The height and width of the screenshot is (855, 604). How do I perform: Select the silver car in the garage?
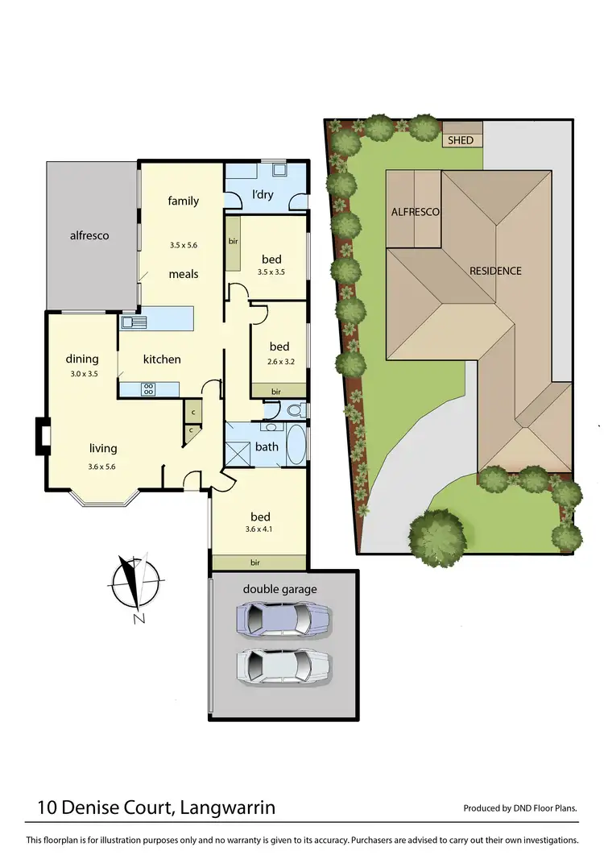coord(283,666)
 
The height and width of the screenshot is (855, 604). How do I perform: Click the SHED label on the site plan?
coord(461,140)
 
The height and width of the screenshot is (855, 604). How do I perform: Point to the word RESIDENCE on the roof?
coord(495,272)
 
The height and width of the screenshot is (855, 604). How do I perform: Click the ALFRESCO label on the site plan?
coord(415,212)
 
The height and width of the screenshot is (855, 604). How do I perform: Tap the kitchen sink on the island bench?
coord(133,322)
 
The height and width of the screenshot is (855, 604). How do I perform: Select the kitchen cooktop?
coord(149,389)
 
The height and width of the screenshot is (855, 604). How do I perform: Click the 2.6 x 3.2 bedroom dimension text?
coord(280,362)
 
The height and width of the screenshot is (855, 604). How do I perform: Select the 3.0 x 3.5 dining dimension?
coord(82,374)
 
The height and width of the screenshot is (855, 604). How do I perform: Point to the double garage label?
coord(280,589)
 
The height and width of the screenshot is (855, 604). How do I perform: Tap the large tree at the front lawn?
coord(437,533)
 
